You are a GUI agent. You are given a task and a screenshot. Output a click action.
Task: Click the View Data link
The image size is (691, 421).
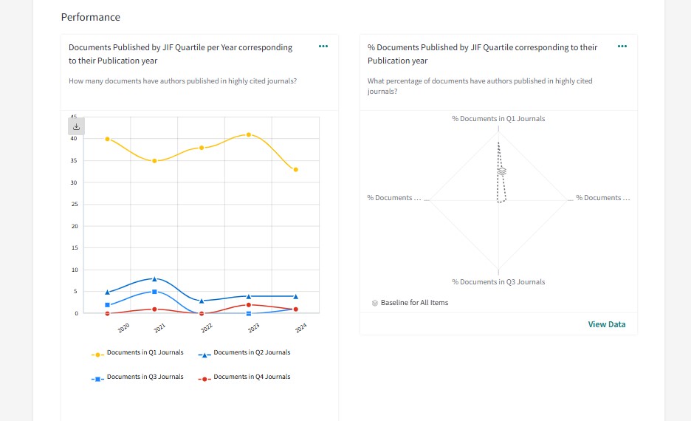click(x=606, y=324)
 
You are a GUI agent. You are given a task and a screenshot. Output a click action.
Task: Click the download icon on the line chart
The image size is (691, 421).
click(x=76, y=126)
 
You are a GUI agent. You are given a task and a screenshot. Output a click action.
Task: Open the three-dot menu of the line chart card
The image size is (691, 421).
click(x=323, y=47)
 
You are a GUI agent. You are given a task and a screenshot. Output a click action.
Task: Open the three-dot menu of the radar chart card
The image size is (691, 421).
click(x=622, y=47)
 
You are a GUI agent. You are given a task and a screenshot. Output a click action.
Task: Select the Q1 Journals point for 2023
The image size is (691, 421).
click(x=249, y=134)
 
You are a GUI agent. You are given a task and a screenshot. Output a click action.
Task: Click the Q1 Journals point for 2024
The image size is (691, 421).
click(x=295, y=170)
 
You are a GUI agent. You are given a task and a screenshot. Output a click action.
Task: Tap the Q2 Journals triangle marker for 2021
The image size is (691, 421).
click(x=154, y=278)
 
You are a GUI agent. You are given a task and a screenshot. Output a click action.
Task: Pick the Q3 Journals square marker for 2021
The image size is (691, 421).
click(x=154, y=292)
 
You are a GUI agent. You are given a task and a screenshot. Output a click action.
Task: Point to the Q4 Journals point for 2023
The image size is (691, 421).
click(x=249, y=305)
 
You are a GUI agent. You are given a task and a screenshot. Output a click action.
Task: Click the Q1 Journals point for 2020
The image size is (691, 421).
click(x=107, y=139)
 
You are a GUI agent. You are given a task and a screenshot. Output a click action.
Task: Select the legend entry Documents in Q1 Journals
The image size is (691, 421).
click(x=145, y=353)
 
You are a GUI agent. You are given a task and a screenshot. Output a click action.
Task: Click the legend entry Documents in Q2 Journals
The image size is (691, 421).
click(x=251, y=353)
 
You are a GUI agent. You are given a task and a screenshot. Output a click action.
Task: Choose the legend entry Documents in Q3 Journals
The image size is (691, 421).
click(x=145, y=377)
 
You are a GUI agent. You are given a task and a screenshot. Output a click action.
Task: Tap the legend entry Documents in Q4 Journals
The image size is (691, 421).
click(x=251, y=377)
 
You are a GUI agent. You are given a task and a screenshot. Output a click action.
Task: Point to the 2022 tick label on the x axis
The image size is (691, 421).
click(x=207, y=327)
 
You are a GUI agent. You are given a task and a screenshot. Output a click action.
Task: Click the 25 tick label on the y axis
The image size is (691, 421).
click(x=74, y=205)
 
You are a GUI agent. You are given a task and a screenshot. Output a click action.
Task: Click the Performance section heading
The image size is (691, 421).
click(x=90, y=17)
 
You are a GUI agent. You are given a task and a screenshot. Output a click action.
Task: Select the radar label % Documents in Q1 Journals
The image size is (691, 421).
click(x=498, y=119)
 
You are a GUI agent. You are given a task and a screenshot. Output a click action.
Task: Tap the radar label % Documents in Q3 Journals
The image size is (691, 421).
click(x=498, y=282)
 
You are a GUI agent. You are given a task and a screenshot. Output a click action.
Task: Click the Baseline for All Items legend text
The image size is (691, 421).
click(x=414, y=303)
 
